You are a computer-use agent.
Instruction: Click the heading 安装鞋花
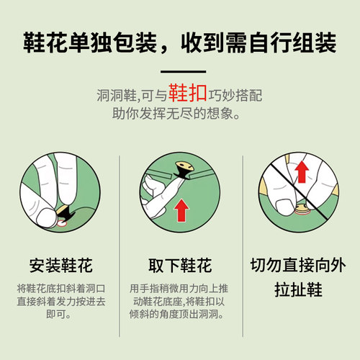60,264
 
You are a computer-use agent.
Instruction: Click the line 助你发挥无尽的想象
181,114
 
